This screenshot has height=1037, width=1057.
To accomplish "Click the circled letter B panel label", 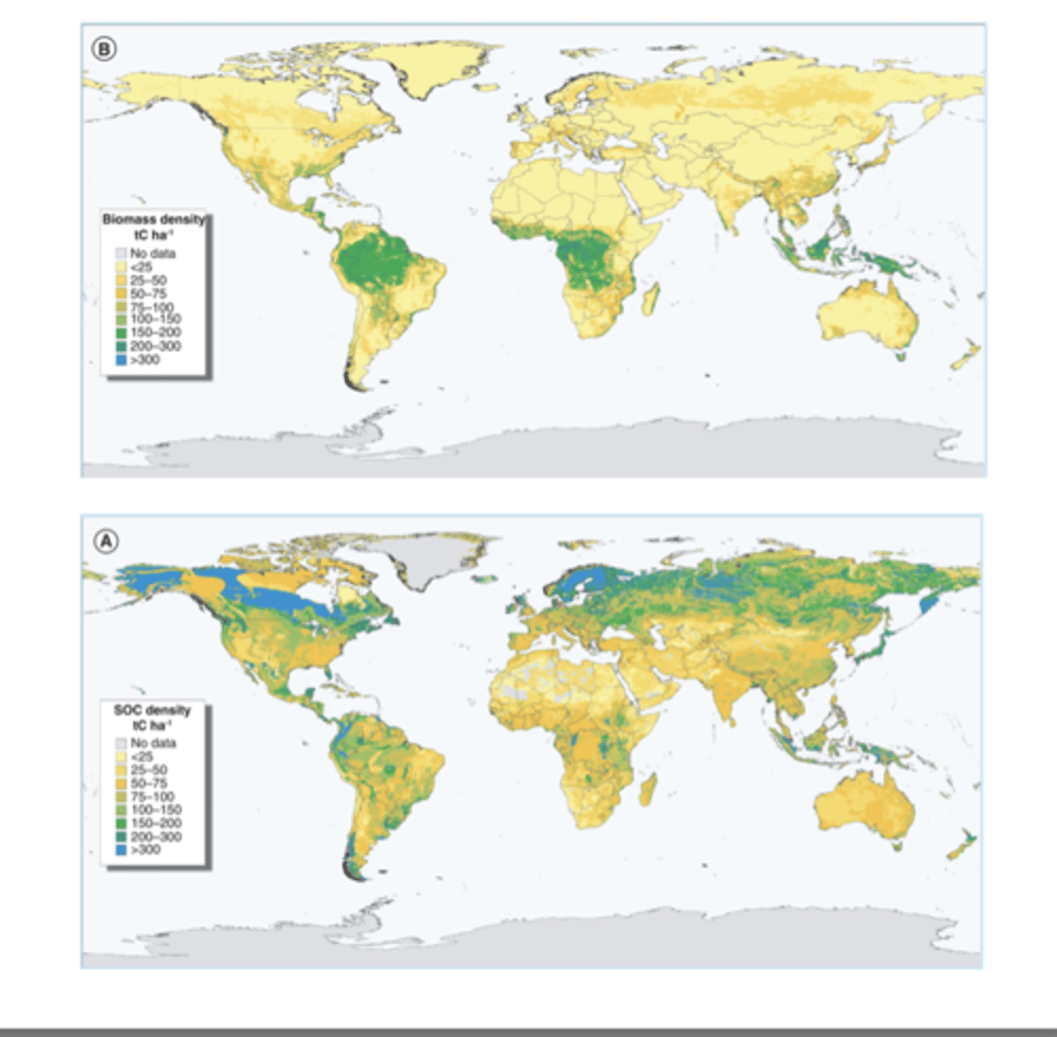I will (104, 49).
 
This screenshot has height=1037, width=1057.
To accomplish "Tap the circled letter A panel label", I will (105, 542).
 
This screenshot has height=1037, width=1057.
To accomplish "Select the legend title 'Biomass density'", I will (154, 219).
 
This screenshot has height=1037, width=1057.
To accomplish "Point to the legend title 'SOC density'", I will (152, 710).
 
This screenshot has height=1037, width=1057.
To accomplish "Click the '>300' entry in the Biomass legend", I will (144, 359).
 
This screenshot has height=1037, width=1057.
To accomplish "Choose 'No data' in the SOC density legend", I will (153, 743).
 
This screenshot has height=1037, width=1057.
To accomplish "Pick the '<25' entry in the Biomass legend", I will (141, 267).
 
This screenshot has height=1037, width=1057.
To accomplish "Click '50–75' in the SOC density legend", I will (148, 783).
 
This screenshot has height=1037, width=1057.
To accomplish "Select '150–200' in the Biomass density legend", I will (155, 333).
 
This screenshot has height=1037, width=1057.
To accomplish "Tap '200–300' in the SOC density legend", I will (155, 837).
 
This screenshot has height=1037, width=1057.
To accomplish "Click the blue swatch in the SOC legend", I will (121, 850).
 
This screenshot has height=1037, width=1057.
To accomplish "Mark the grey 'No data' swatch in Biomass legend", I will (121, 254).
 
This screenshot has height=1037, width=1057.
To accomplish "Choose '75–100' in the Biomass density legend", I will (152, 307).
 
